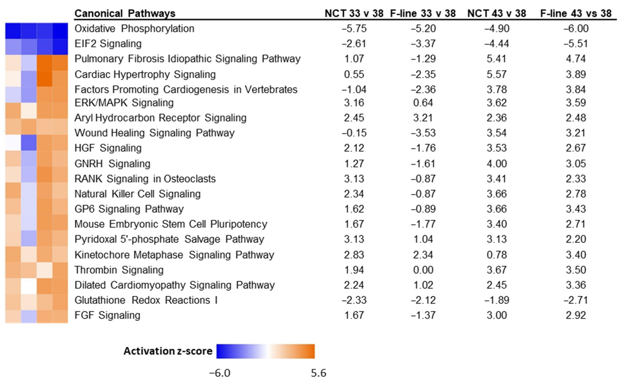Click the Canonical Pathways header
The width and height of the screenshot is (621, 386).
(125, 13)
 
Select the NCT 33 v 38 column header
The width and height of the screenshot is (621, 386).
(354, 13)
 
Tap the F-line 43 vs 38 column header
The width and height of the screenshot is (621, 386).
(576, 13)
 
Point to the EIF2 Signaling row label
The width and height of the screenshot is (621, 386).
(108, 44)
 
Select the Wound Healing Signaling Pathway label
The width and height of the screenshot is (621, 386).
(154, 133)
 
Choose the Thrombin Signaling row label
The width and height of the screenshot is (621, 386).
(119, 270)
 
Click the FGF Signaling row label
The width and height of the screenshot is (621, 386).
(107, 315)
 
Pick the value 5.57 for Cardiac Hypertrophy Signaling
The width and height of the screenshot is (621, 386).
(496, 74)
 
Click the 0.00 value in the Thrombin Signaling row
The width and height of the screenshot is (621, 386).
(423, 270)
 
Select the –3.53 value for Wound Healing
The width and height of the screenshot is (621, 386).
(423, 133)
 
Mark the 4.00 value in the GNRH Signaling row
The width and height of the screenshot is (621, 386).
(496, 163)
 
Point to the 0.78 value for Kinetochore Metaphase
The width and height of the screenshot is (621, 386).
(496, 255)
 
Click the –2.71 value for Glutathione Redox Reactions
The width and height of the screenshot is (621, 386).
(576, 300)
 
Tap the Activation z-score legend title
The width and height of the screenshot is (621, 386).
(168, 351)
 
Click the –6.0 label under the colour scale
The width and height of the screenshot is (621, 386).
(220, 373)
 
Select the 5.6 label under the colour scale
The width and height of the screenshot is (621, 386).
(318, 373)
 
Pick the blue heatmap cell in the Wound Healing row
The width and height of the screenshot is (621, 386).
(29, 142)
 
